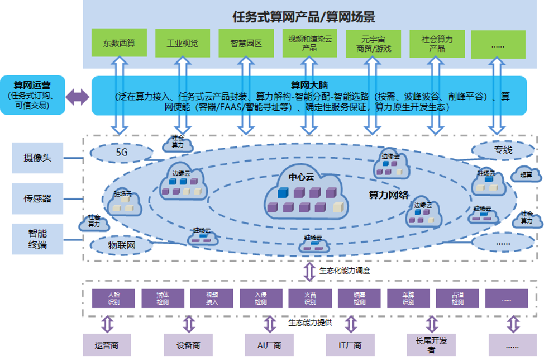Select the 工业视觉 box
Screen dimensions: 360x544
[182, 43]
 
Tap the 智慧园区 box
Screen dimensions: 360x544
[246, 43]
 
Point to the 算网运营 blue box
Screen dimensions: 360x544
[32, 95]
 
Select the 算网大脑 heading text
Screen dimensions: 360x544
[309, 85]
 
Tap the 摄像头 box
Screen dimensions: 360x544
[37, 158]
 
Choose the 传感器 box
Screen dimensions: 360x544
[37, 198]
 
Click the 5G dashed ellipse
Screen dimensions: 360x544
[121, 151]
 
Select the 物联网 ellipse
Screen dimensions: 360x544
[121, 245]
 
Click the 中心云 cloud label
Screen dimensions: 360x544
[302, 177]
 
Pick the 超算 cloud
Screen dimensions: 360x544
[526, 174]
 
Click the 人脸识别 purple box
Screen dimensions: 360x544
[113, 298]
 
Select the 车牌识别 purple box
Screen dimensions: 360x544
[408, 298]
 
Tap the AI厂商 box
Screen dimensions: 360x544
[269, 345]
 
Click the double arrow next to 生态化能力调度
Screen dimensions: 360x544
[309, 271]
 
